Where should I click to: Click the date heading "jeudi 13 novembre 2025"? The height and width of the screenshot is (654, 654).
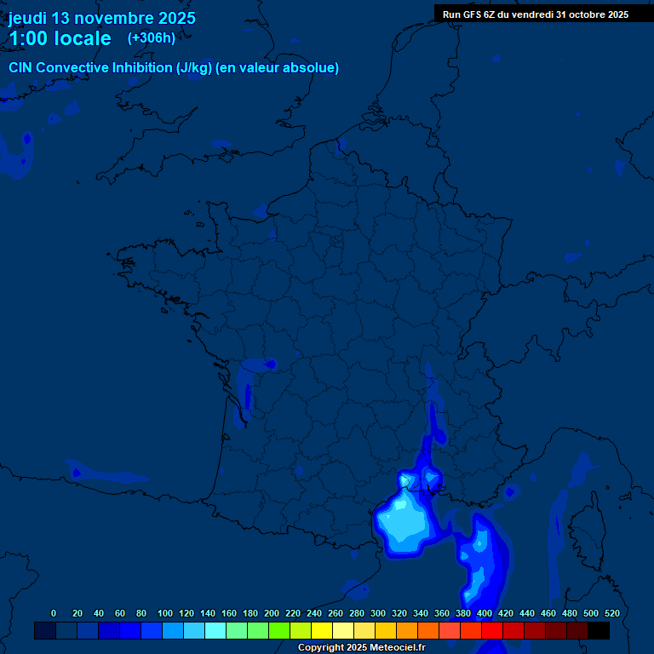coord(101,18)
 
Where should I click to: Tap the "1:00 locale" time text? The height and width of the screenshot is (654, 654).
coord(60,38)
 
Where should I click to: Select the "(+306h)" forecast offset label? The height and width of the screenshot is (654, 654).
coord(151,37)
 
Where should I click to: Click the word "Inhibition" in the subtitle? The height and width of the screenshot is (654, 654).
coord(142,68)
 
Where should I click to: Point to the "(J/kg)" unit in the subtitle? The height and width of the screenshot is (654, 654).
coord(194,68)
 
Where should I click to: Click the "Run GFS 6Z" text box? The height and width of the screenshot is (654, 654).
coord(535,14)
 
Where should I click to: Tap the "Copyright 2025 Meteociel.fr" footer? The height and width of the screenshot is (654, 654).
coord(361,648)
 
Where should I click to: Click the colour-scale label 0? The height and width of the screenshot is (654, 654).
coord(54,613)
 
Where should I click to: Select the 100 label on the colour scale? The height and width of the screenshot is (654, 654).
coord(165,613)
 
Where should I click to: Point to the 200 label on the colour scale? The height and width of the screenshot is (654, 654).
coord(272,613)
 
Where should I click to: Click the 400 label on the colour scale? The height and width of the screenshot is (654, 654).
coord(485,613)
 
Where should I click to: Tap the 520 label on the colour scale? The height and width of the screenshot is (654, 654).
coord(611,613)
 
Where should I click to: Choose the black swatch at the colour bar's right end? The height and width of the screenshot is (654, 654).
coord(599,630)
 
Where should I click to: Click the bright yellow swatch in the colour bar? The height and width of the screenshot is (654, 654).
coord(322,630)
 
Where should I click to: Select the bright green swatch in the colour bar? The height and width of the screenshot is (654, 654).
coord(279,630)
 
